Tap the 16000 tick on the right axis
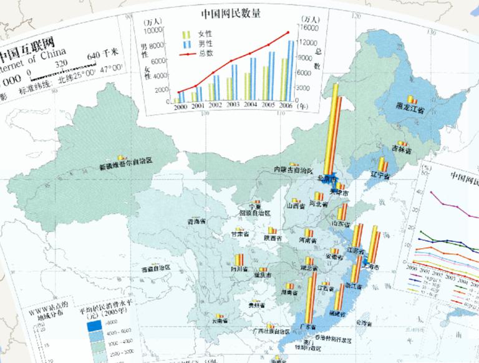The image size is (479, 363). [310, 28]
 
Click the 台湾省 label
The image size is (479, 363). [364, 322]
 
